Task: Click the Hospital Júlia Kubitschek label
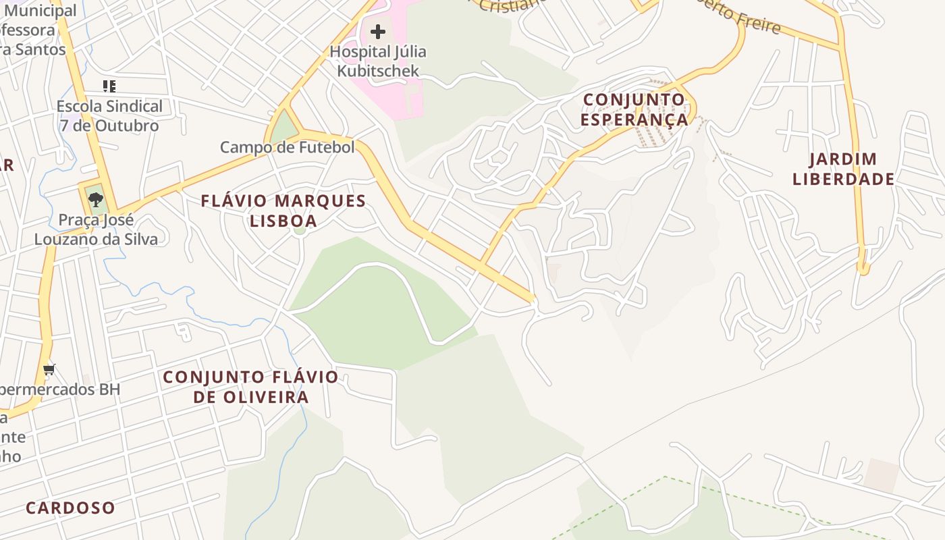(378, 61)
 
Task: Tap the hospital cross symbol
(378, 31)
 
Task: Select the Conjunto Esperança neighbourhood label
(634, 109)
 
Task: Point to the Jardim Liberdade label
(844, 169)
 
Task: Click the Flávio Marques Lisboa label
(283, 211)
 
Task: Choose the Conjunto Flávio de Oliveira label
(251, 387)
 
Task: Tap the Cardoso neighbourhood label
(70, 508)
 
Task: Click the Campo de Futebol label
(288, 147)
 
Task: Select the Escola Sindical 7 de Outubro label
(109, 115)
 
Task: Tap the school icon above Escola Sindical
(109, 86)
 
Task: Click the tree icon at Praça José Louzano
(95, 199)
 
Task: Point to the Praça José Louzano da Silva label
(96, 230)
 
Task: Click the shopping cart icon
(49, 369)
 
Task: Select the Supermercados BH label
(59, 389)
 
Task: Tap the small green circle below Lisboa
(300, 230)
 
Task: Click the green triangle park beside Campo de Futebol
(285, 128)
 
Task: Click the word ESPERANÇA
(634, 119)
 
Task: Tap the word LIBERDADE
(844, 179)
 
